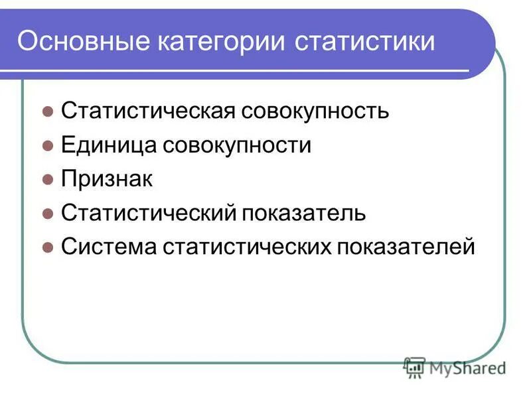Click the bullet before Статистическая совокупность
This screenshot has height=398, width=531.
(x=47, y=112)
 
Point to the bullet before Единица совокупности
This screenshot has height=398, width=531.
(x=47, y=146)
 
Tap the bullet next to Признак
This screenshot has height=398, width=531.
(x=47, y=180)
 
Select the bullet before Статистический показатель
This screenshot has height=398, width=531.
(x=47, y=214)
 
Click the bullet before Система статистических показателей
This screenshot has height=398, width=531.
(x=47, y=247)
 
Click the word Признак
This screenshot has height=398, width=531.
(x=107, y=178)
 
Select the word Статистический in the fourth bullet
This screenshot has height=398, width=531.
(x=149, y=212)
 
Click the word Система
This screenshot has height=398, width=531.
(x=108, y=246)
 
